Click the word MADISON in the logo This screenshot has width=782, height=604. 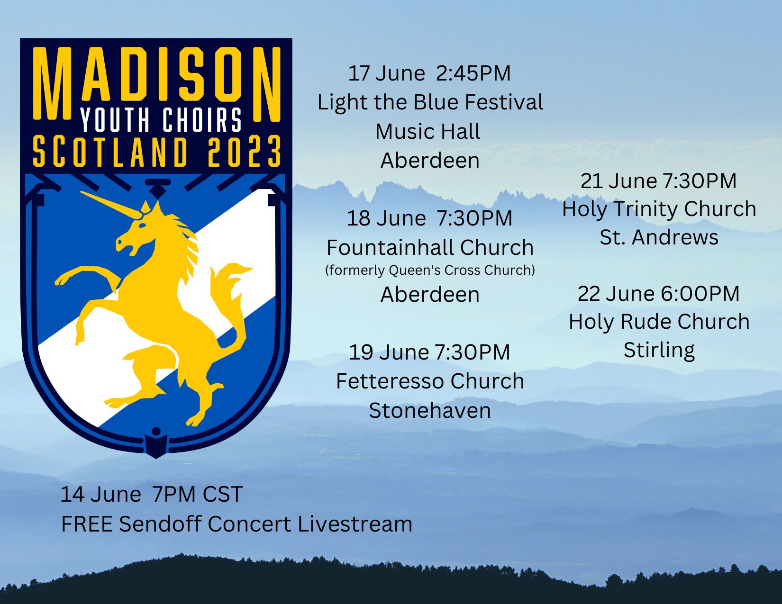point(156,83)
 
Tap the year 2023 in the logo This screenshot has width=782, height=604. point(245,152)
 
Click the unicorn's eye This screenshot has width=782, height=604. point(143,225)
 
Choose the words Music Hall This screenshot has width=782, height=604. point(428,131)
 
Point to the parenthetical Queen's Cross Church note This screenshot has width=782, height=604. point(430,270)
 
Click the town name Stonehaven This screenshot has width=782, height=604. point(430,410)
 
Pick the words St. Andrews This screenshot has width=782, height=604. point(659,237)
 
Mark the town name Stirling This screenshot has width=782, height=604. point(659,350)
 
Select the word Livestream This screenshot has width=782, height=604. point(355,524)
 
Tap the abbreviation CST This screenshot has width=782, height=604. point(222,494)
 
